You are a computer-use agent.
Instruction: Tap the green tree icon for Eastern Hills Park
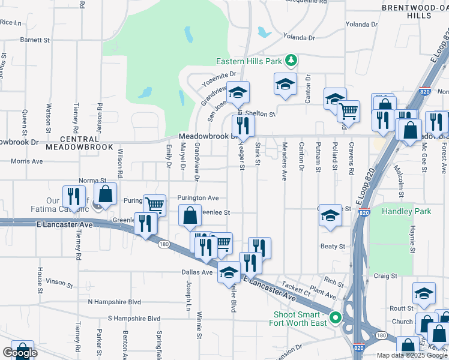tap(291, 60)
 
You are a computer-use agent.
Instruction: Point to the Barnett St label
tap(35, 40)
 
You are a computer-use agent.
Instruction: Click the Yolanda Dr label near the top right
tap(361, 25)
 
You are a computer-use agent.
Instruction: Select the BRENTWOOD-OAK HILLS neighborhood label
tap(414, 11)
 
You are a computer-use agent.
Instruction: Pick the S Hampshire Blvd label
tap(134, 319)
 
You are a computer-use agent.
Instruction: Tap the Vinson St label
tap(59, 281)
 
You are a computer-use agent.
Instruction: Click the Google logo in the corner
tap(20, 353)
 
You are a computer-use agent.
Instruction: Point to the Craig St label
tap(385, 276)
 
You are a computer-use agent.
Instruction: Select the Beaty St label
tap(333, 247)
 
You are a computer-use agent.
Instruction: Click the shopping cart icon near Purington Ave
tap(155, 204)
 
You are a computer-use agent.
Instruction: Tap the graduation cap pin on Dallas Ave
tap(228, 272)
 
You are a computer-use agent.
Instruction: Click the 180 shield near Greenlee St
tap(163, 244)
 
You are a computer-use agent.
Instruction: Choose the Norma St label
tap(92, 180)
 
